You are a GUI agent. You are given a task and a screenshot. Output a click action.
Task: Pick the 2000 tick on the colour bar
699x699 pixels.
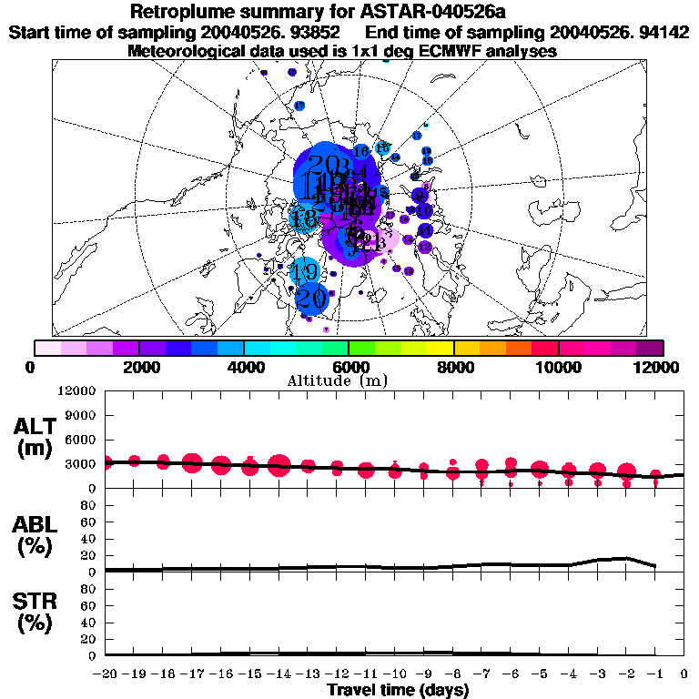[138, 367]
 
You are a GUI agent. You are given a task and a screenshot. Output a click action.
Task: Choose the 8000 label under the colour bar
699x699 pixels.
[453, 367]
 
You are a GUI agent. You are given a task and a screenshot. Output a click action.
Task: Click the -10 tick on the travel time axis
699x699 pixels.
[394, 674]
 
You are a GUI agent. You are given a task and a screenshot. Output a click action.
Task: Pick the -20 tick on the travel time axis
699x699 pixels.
[106, 674]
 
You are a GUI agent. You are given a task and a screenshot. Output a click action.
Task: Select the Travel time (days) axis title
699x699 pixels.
[398, 691]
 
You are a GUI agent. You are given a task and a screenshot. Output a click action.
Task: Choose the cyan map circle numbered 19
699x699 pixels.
[305, 271]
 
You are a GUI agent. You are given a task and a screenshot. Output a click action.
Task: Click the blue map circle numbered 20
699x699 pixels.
[311, 297]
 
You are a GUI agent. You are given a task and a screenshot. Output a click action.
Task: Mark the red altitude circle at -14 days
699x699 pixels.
[279, 466]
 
